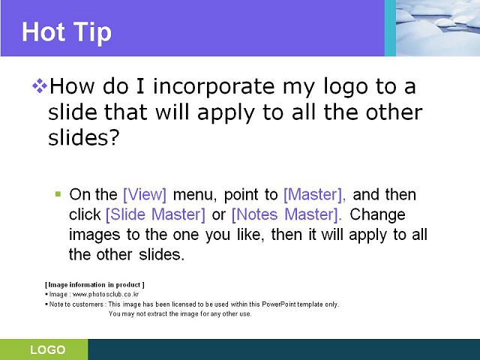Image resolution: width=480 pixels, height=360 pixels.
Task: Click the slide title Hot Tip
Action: (x=67, y=33)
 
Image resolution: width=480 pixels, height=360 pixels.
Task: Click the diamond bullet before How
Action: (x=40, y=86)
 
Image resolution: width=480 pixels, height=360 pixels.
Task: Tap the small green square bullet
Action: (x=58, y=193)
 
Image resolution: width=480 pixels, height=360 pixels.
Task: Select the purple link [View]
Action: (x=145, y=195)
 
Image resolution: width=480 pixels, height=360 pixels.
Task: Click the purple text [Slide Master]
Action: (x=155, y=214)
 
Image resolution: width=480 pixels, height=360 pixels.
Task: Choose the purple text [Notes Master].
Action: (x=286, y=214)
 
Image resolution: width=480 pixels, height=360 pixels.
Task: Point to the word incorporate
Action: (x=214, y=87)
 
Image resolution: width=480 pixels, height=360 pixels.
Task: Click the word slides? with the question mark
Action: (x=83, y=137)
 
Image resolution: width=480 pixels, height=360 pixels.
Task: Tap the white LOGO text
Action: (x=48, y=349)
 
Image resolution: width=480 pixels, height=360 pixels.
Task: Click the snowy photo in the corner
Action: (x=438, y=28)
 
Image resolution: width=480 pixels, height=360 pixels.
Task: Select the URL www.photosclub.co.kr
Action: (x=106, y=295)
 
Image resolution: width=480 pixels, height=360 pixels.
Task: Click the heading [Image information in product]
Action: (x=95, y=285)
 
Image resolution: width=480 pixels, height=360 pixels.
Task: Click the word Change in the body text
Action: (x=377, y=214)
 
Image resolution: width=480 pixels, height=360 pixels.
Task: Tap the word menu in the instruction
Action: (x=195, y=195)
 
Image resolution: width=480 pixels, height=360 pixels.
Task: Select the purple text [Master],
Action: (x=315, y=195)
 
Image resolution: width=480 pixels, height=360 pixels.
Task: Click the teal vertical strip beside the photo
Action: (x=390, y=28)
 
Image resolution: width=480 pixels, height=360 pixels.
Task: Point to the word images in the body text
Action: (x=94, y=235)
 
